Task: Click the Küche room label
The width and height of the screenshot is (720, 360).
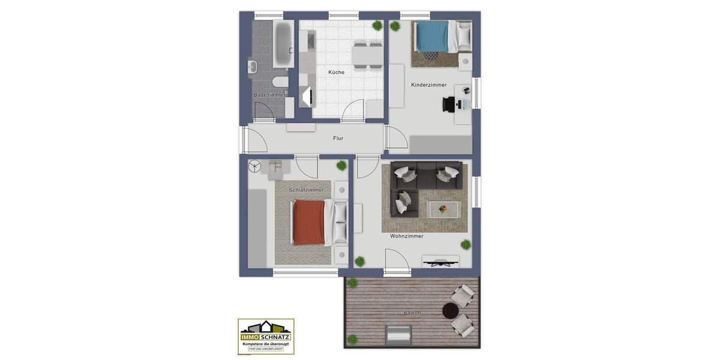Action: pyautogui.click(x=336, y=72)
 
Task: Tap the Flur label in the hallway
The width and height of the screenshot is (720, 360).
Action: pyautogui.click(x=338, y=138)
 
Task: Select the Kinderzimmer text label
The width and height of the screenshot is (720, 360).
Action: pyautogui.click(x=428, y=85)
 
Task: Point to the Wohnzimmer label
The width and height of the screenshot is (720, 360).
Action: pyautogui.click(x=407, y=236)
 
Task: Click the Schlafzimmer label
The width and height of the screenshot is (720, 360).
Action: pyautogui.click(x=306, y=190)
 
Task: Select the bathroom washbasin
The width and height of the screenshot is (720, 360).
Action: pyautogui.click(x=252, y=65)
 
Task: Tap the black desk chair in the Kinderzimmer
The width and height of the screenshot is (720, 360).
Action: pyautogui.click(x=449, y=104)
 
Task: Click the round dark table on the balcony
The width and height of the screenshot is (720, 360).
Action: pyautogui.click(x=450, y=310)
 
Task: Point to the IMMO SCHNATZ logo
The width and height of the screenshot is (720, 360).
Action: pyautogui.click(x=266, y=336)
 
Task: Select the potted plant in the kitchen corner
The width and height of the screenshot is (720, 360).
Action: pyautogui.click(x=377, y=25)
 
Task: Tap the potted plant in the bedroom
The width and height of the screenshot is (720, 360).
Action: pyautogui.click(x=341, y=166)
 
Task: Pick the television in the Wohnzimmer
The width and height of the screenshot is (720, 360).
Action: pyautogui.click(x=440, y=261)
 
